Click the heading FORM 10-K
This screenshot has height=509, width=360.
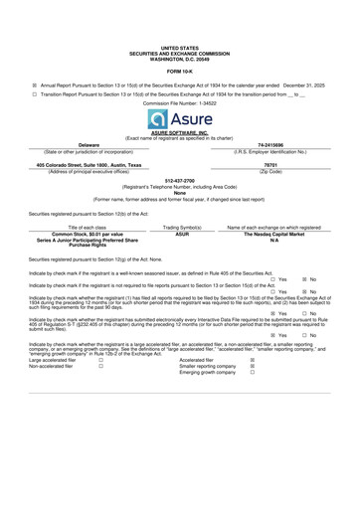tap(180, 71)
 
